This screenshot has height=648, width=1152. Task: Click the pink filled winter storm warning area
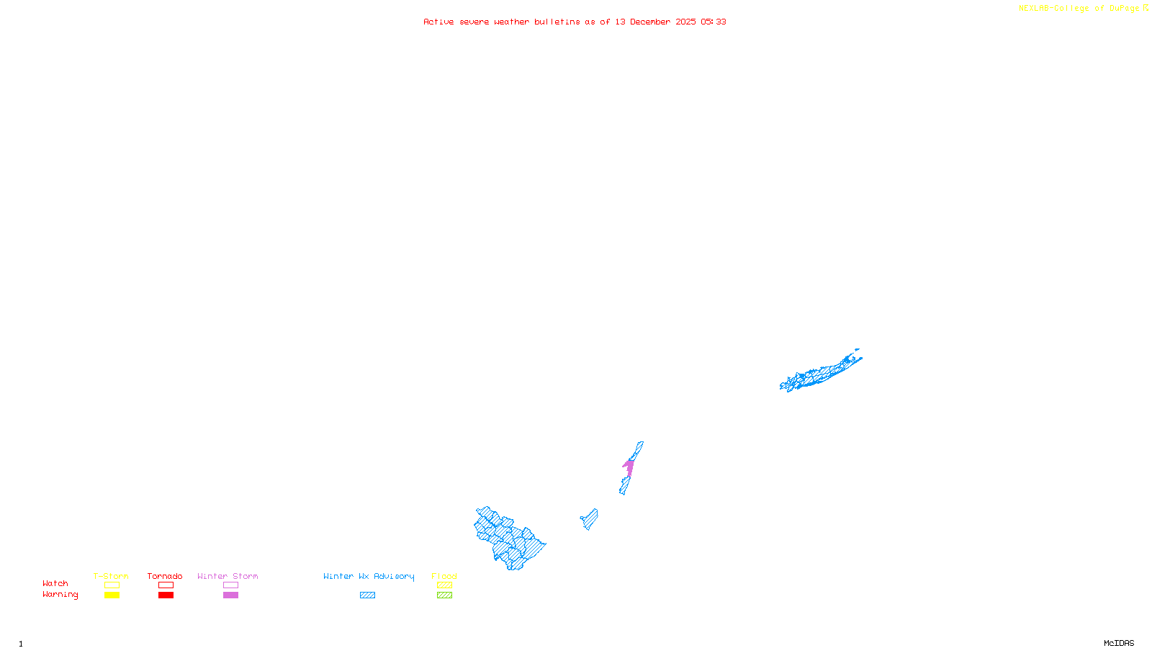(x=629, y=467)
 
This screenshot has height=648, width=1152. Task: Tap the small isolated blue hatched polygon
(x=590, y=518)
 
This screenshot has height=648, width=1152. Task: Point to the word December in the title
(x=649, y=22)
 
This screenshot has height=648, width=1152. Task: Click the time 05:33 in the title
(x=713, y=22)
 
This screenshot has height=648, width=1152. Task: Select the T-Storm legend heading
(x=111, y=576)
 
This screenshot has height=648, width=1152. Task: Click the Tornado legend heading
(x=165, y=576)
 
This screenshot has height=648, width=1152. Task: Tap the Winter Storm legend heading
(x=228, y=576)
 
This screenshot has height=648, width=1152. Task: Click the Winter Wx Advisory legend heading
(x=369, y=576)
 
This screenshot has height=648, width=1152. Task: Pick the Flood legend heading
(x=444, y=576)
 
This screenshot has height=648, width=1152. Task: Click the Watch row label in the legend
(x=55, y=584)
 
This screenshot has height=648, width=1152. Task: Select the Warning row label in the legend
(x=60, y=595)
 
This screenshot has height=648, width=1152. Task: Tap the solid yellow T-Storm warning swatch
(x=112, y=595)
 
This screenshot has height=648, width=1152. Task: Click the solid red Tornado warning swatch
(x=166, y=595)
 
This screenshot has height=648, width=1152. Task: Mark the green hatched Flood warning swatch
(x=444, y=595)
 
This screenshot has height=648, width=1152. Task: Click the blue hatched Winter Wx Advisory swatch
(x=367, y=595)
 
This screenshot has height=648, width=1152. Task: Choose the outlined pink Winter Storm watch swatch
(x=230, y=585)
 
